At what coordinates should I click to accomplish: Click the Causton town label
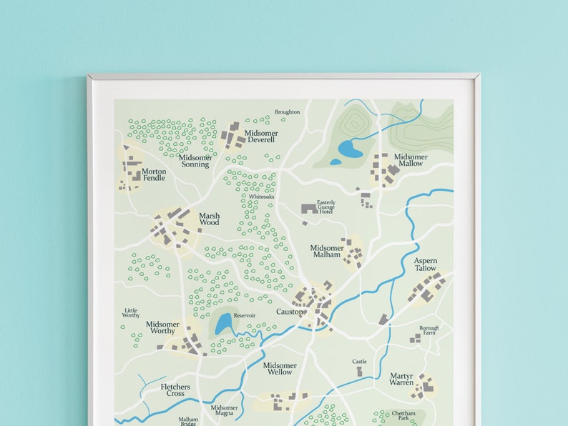click(290, 312)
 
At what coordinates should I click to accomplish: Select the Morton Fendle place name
click(154, 174)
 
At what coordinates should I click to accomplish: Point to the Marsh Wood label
click(209, 219)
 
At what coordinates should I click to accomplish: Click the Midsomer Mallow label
click(411, 160)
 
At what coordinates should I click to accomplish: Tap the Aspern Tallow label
click(425, 264)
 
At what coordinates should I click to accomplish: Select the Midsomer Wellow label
click(279, 369)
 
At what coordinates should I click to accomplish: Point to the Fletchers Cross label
click(175, 390)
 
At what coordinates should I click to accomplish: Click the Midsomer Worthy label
click(162, 327)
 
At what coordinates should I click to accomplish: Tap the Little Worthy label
click(131, 313)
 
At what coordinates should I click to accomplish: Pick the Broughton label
click(287, 112)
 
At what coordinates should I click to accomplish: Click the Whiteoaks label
click(261, 197)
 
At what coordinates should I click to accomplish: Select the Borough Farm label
click(429, 330)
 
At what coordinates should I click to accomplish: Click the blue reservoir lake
click(224, 324)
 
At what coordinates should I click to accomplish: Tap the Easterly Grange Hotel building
click(309, 209)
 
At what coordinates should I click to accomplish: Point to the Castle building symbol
click(359, 372)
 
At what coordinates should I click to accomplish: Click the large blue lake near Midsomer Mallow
click(351, 149)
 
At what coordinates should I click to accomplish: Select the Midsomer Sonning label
click(195, 161)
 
